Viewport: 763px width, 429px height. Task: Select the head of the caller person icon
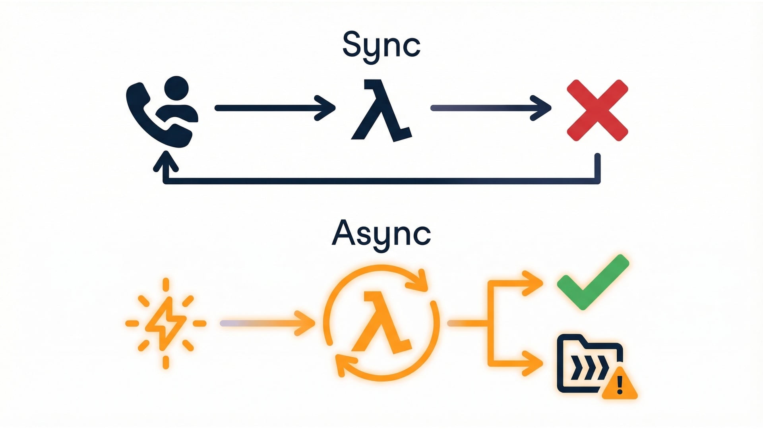[x=176, y=88]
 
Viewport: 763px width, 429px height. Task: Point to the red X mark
[x=597, y=110]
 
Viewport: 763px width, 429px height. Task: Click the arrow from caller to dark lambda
[x=274, y=108]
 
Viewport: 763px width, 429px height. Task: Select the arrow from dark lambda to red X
[x=490, y=108]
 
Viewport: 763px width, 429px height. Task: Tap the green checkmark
[x=592, y=282]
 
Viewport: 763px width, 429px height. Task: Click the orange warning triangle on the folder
[x=619, y=385]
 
